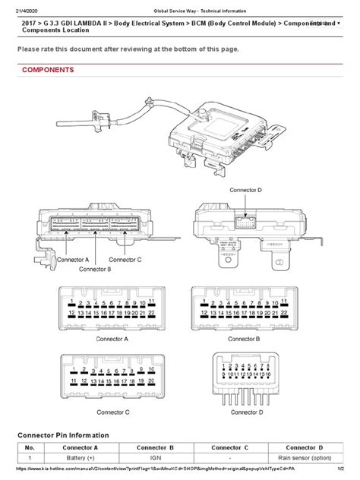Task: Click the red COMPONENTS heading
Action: tap(47, 70)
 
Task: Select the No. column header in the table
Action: tap(31, 447)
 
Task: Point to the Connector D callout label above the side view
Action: tap(244, 188)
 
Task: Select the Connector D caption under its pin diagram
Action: tap(244, 412)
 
